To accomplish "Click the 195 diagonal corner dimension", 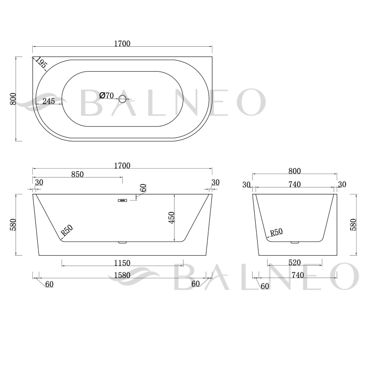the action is (x=41, y=63).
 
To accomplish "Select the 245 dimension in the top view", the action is (x=49, y=101).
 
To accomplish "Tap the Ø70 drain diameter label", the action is (x=106, y=95).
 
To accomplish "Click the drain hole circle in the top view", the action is (x=122, y=99).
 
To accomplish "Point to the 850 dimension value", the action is (x=77, y=175).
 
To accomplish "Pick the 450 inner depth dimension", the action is (x=171, y=218).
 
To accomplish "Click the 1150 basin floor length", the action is (x=122, y=263).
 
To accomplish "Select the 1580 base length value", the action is (x=122, y=275).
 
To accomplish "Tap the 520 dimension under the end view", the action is (x=294, y=263).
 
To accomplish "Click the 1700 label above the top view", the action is (x=122, y=44).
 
